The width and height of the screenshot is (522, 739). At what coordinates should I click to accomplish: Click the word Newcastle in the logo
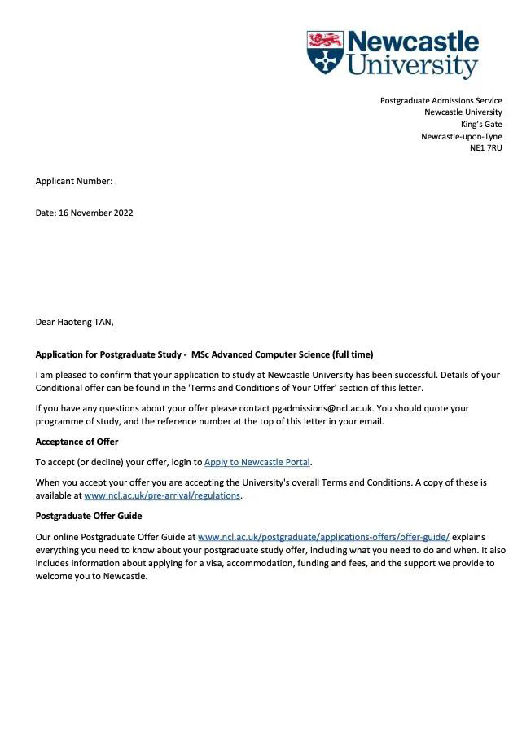coord(413,42)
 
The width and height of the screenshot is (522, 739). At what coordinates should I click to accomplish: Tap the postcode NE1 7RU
coord(485,148)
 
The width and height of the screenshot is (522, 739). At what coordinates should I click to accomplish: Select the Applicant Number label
coord(73,181)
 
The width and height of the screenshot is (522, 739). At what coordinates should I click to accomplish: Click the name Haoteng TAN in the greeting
coord(86,322)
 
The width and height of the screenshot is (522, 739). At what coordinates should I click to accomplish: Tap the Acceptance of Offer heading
coord(77,442)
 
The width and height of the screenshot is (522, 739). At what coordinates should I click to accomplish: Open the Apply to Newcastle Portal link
coord(257,462)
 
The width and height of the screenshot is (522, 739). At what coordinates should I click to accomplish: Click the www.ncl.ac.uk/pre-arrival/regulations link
coord(162,495)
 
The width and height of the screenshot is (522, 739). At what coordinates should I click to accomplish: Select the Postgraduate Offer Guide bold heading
coord(88,516)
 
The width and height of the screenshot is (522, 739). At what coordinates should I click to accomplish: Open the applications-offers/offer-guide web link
coord(323,537)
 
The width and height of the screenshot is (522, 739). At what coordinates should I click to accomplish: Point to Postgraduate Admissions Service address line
coord(441,100)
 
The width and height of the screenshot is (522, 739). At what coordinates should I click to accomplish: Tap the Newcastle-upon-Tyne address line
coord(461,136)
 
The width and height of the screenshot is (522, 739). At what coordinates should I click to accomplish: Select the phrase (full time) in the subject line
coord(353,354)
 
